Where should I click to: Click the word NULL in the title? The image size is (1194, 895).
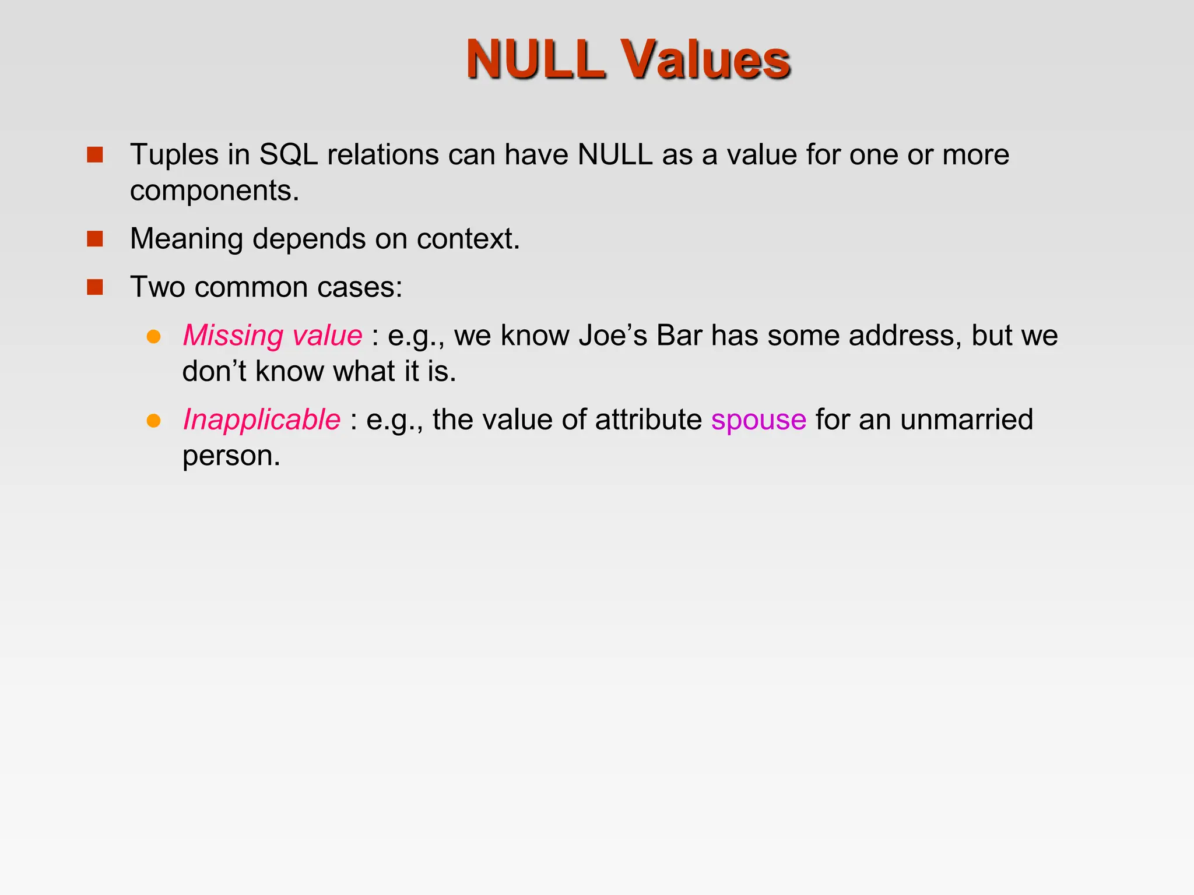click(x=535, y=59)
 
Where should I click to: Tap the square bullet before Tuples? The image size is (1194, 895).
click(x=94, y=155)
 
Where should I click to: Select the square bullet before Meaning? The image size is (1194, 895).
click(x=94, y=239)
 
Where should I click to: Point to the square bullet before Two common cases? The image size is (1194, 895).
click(x=94, y=287)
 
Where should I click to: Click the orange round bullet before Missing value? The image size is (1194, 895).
click(x=153, y=336)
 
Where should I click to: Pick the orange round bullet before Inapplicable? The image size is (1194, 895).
click(x=153, y=420)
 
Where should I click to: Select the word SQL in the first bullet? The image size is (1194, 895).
click(x=288, y=155)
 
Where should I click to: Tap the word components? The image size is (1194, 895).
click(x=214, y=191)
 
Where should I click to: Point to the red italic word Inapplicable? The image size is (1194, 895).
click(x=261, y=420)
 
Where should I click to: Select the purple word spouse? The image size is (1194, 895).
click(x=758, y=420)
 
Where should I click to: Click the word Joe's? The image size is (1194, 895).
click(x=613, y=336)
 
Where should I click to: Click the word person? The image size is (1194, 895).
click(x=231, y=456)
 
